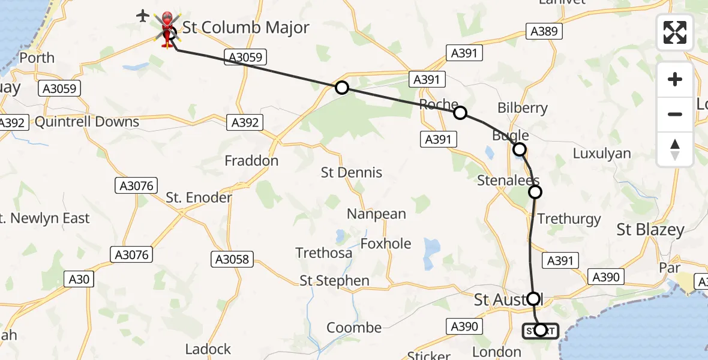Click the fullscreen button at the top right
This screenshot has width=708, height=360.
[675, 32]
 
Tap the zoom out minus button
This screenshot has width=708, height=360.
[675, 114]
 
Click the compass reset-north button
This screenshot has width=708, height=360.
[675, 148]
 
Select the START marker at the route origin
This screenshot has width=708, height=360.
[540, 330]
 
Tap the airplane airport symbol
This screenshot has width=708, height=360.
[143, 16]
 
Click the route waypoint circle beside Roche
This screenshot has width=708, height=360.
[460, 113]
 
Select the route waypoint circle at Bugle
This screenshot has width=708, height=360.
[520, 149]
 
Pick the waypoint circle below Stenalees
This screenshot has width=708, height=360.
[535, 192]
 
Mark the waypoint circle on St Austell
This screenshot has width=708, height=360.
[533, 298]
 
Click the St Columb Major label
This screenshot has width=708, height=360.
[246, 28]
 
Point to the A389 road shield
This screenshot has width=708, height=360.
[544, 31]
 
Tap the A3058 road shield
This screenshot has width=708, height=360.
[232, 259]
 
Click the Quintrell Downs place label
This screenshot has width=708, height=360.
[87, 122]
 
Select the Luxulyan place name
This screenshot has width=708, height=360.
[602, 153]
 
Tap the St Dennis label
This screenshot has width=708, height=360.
[352, 173]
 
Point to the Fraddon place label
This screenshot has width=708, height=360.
[251, 161]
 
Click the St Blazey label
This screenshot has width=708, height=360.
[650, 230]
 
